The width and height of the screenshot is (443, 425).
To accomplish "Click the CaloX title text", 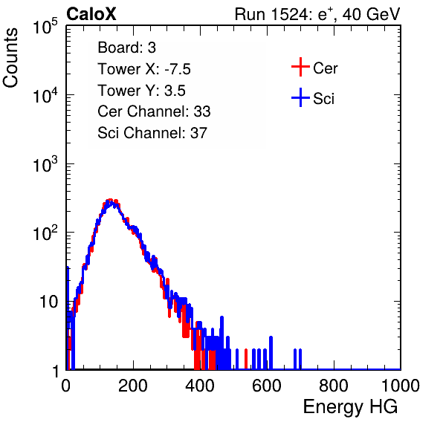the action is [91, 14].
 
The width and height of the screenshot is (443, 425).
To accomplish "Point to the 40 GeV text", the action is [372, 14].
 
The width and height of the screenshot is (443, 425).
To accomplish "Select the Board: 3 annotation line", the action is [126, 48].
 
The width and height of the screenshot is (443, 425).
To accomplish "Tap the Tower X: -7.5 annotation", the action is [144, 69].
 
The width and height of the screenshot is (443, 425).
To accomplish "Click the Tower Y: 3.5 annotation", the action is [141, 91].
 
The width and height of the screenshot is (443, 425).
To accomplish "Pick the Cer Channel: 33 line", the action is [154, 111].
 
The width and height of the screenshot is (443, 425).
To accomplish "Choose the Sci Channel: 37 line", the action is [152, 133].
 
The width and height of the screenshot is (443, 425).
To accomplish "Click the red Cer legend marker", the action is [300, 67].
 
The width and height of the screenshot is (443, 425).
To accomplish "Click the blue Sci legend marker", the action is [300, 98].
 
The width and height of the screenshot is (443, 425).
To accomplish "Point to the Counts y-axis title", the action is [10, 58].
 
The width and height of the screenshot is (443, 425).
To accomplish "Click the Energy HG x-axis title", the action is [350, 407].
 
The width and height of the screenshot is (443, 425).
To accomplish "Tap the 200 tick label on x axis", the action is [133, 386].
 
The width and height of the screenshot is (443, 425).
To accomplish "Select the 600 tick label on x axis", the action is [267, 386].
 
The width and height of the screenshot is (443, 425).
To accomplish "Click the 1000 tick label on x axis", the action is [401, 386].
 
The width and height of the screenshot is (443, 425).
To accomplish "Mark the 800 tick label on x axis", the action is [334, 386].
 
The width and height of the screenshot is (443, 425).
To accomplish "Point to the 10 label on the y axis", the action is [48, 302].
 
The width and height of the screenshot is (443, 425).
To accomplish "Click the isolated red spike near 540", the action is [246, 359].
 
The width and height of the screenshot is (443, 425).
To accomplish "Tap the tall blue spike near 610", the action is [271, 353].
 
